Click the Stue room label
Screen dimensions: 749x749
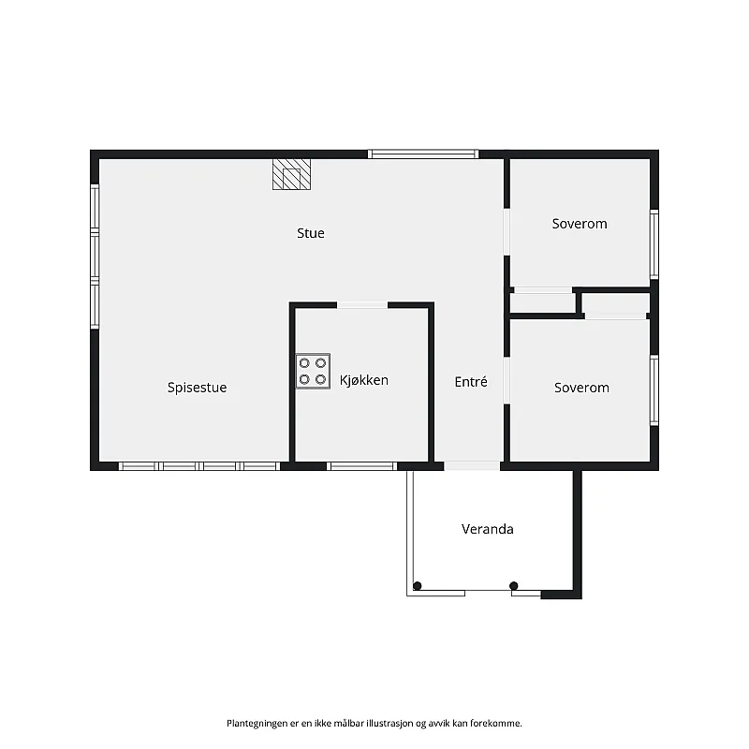pyautogui.click(x=311, y=233)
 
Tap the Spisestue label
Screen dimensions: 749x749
pyautogui.click(x=197, y=388)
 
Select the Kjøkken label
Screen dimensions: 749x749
pyautogui.click(x=364, y=380)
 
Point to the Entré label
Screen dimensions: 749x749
pyautogui.click(x=471, y=382)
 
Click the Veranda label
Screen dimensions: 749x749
pyautogui.click(x=487, y=529)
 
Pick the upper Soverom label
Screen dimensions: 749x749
pyautogui.click(x=580, y=224)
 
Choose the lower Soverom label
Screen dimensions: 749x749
pyautogui.click(x=581, y=388)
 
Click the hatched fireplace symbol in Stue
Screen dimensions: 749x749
pyautogui.click(x=291, y=174)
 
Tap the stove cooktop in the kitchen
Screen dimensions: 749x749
pyautogui.click(x=313, y=371)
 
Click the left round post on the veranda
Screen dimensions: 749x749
pyautogui.click(x=417, y=586)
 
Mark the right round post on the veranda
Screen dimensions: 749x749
pyautogui.click(x=513, y=586)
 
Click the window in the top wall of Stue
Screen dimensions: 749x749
pyautogui.click(x=423, y=154)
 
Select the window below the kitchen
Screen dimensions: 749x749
pyautogui.click(x=362, y=466)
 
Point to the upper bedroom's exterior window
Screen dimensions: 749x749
pyautogui.click(x=654, y=244)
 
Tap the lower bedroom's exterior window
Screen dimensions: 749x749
pyautogui.click(x=654, y=390)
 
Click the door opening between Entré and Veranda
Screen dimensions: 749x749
pyautogui.click(x=472, y=466)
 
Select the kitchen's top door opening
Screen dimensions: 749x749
pyautogui.click(x=362, y=305)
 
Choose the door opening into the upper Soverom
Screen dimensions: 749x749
pyautogui.click(x=507, y=232)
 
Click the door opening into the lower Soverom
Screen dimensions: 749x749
pyautogui.click(x=507, y=381)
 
